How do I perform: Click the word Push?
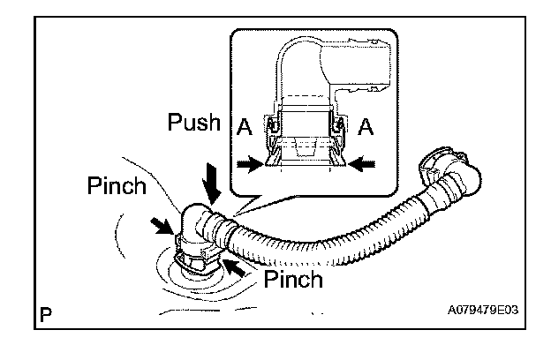click(193, 124)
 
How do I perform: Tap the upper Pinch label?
click(117, 187)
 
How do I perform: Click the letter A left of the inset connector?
click(244, 128)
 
